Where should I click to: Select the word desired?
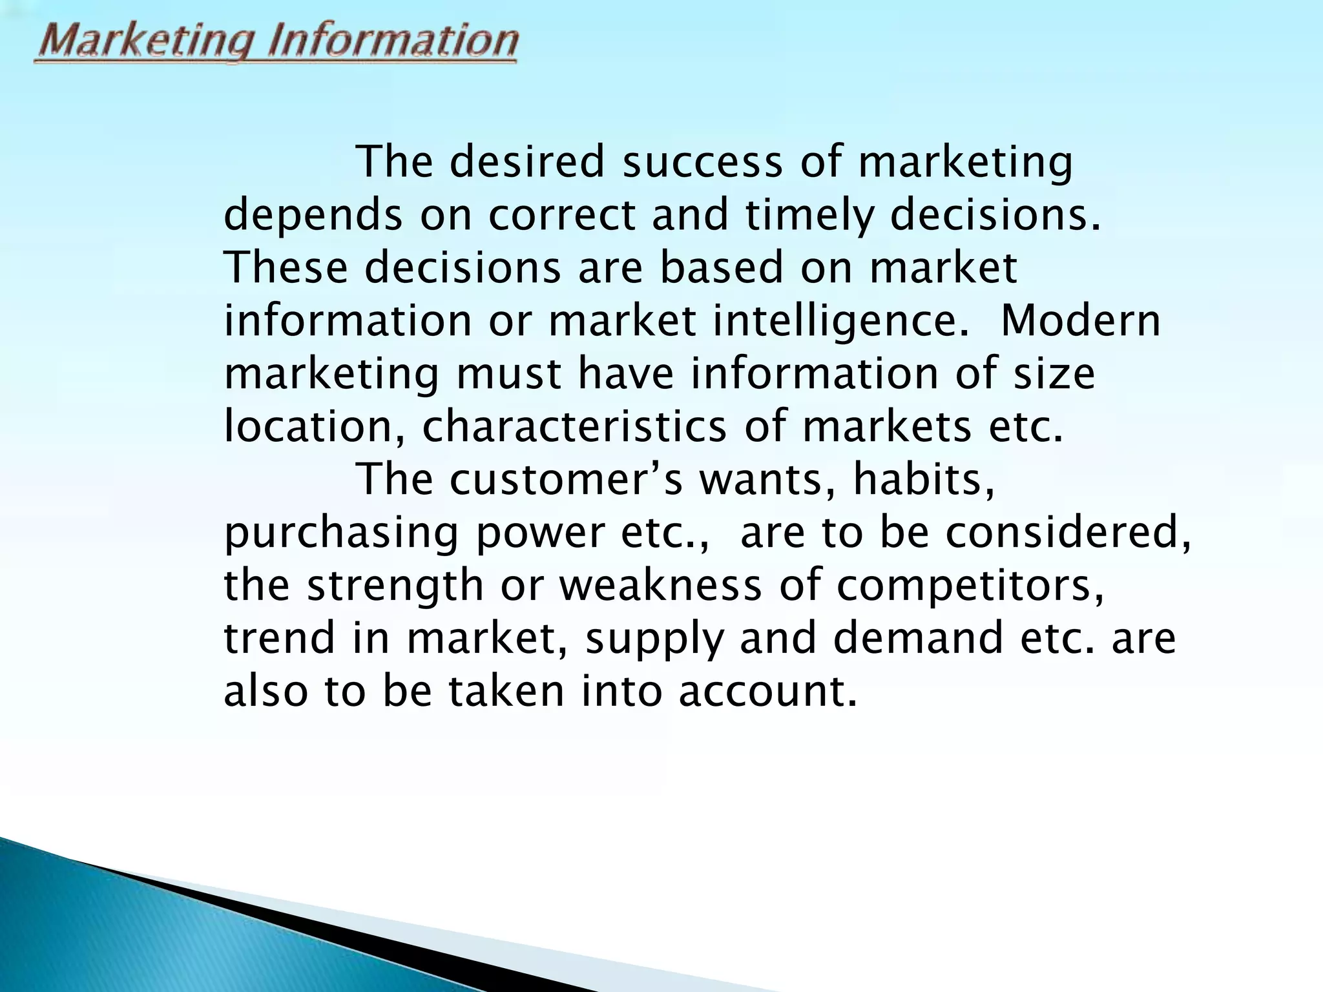pyautogui.click(x=527, y=162)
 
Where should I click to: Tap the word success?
pyautogui.click(x=702, y=162)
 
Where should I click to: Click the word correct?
pyautogui.click(x=561, y=216)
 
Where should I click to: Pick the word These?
pyautogui.click(x=286, y=268)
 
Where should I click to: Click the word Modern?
pyautogui.click(x=1080, y=321)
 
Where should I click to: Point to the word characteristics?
pyautogui.click(x=574, y=427)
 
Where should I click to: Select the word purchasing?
pyautogui.click(x=341, y=534)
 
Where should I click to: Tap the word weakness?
pyautogui.click(x=660, y=586)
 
